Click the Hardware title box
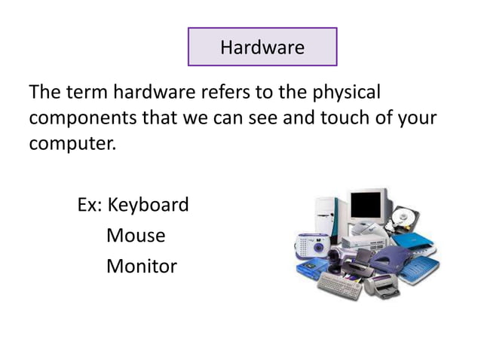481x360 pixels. click(x=262, y=47)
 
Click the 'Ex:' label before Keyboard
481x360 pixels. click(x=92, y=205)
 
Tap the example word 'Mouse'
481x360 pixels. click(x=136, y=236)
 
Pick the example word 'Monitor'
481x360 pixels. click(x=142, y=266)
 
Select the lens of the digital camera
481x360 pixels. click(x=310, y=246)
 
